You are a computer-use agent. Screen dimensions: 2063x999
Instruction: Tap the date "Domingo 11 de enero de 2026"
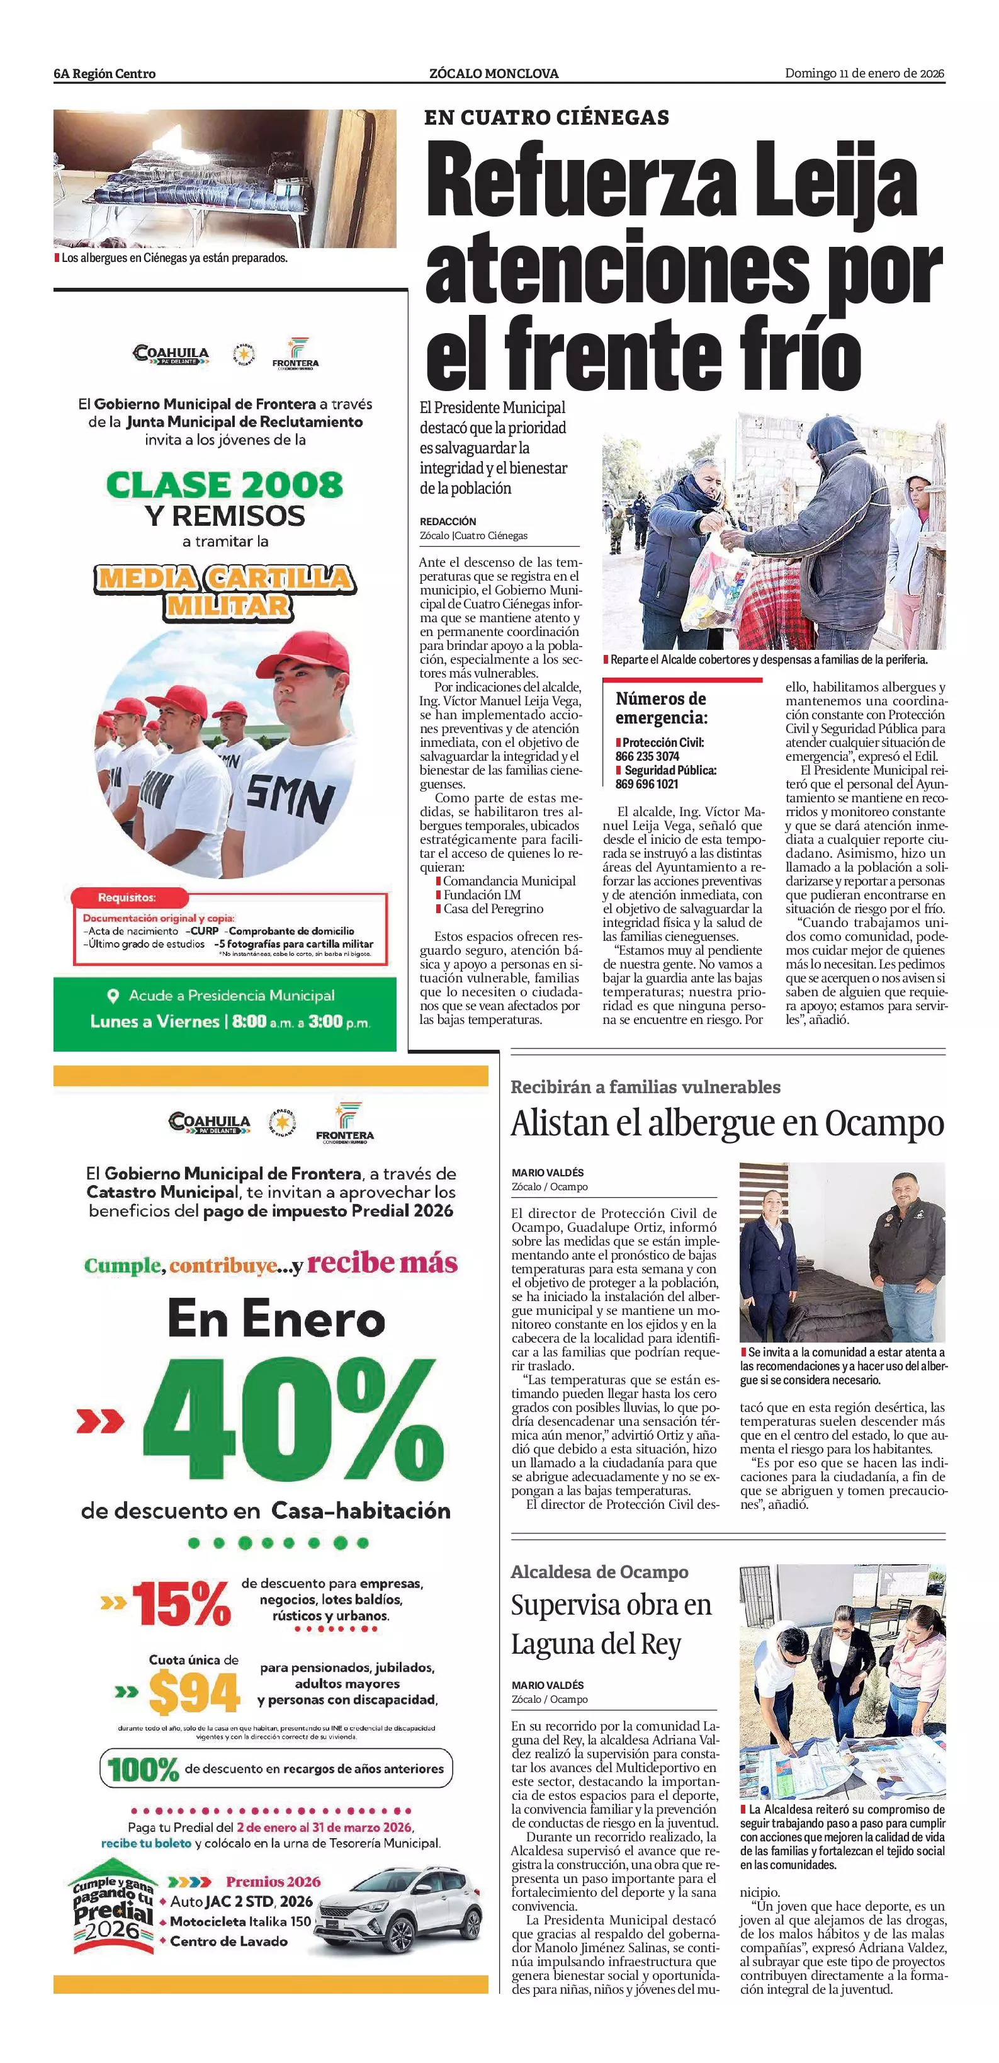[864, 74]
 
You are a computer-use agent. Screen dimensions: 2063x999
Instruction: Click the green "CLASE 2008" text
[224, 484]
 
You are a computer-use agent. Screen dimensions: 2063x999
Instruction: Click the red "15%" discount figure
[181, 1604]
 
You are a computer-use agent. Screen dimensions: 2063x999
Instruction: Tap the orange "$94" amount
[194, 1693]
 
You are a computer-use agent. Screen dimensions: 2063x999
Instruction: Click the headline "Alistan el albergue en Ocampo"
[727, 1123]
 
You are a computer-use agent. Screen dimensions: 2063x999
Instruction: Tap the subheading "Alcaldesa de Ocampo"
[599, 1572]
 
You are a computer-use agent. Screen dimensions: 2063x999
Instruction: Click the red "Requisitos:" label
[127, 898]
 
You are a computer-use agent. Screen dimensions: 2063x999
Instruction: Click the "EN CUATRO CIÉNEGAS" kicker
[547, 118]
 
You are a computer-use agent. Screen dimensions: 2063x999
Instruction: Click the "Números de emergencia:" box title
[661, 708]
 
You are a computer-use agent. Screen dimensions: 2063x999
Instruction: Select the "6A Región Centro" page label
[105, 74]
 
